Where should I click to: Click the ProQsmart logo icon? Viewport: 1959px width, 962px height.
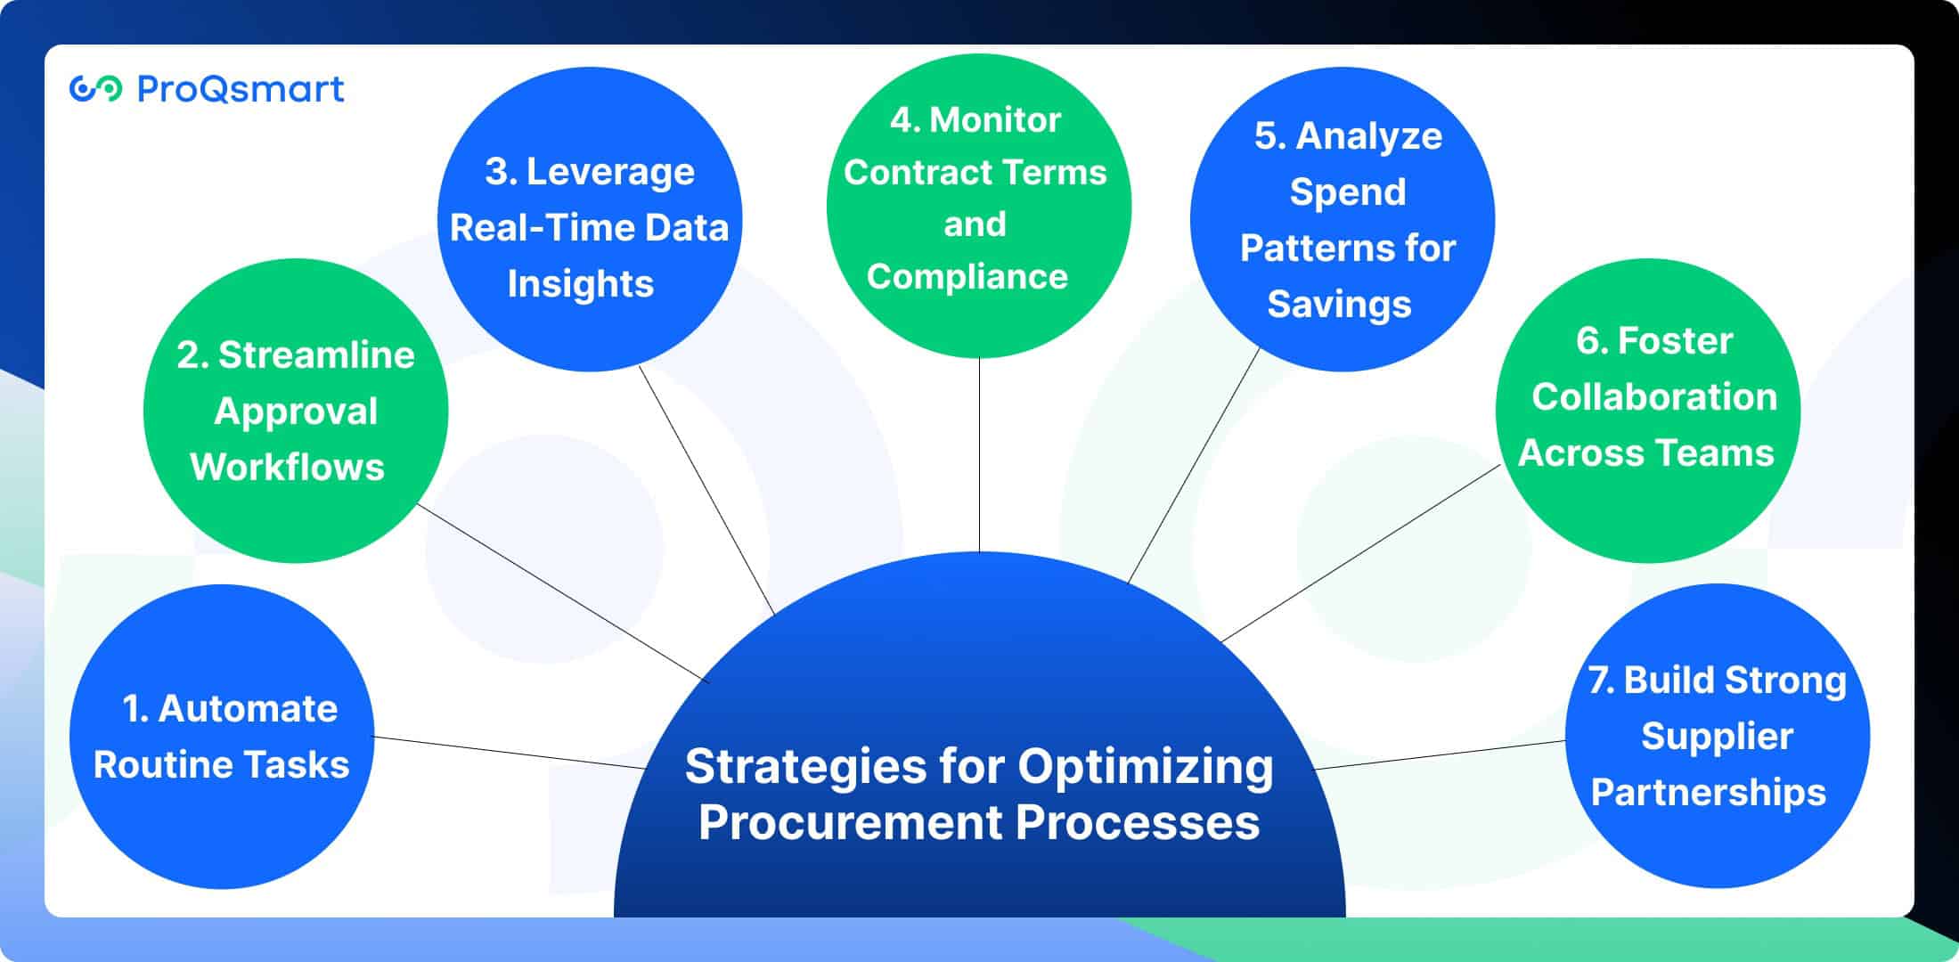[x=95, y=89]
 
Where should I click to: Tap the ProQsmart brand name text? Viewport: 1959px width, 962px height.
[x=241, y=89]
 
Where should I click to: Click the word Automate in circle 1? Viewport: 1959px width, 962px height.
[x=248, y=709]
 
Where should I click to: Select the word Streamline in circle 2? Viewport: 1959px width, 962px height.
[x=316, y=355]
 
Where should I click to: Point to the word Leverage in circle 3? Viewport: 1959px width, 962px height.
[x=610, y=172]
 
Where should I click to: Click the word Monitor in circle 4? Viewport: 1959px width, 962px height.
[x=995, y=120]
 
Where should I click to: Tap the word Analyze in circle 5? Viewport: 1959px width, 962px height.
[x=1369, y=136]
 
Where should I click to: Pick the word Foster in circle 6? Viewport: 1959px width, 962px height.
[x=1675, y=340]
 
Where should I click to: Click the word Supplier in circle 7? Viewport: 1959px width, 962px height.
[x=1717, y=737]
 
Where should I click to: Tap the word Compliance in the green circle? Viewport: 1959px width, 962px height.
[x=967, y=277]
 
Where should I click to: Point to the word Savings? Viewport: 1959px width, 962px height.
[x=1339, y=305]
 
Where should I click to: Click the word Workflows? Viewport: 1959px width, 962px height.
[x=287, y=467]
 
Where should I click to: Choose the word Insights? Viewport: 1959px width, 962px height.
[x=581, y=284]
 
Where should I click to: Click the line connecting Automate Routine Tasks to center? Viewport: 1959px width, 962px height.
[x=510, y=753]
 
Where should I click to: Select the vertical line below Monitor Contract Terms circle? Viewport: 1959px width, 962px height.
[x=979, y=454]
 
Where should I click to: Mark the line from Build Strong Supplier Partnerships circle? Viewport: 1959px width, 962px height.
[x=1440, y=754]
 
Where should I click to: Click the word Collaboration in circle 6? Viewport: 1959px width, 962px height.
[x=1654, y=397]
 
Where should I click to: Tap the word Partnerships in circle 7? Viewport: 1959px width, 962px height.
[x=1709, y=793]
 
